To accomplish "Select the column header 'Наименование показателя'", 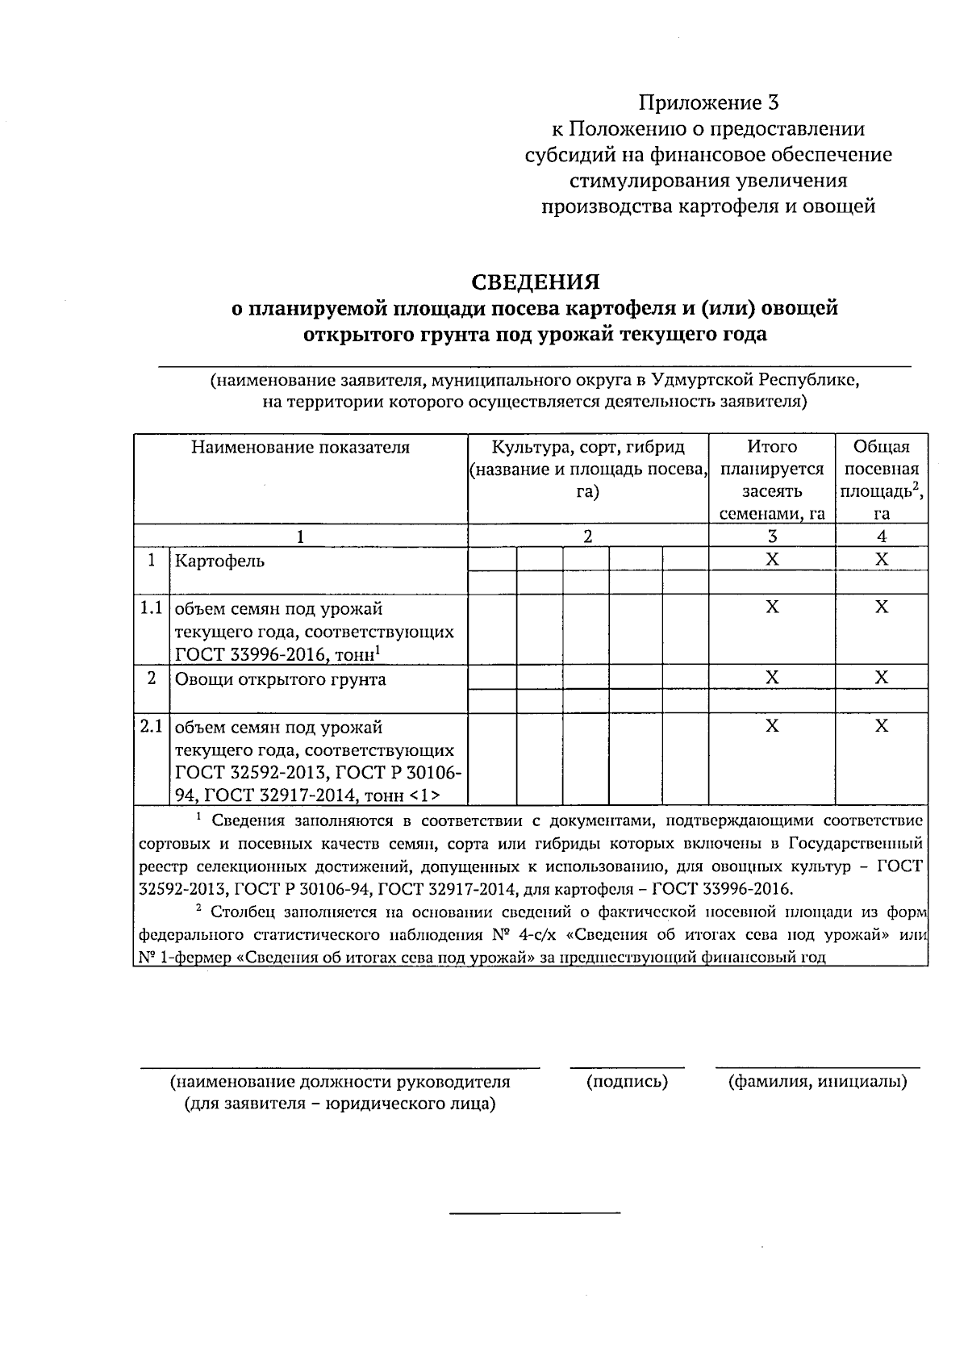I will point(300,448).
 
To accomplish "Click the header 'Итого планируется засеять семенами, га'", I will point(772,479).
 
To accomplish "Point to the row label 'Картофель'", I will point(219,561).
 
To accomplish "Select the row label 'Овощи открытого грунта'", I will point(280,679).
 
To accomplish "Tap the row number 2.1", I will point(151,727).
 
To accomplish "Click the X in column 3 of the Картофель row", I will point(772,560).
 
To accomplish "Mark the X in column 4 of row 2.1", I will point(881,727).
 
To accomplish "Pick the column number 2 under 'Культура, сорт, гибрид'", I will point(588,536).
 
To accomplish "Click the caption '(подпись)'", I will point(627,1082).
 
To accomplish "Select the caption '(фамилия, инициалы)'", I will point(817,1082).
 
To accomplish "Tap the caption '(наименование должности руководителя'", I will point(340,1082).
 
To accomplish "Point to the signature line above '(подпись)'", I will point(627,1067).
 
